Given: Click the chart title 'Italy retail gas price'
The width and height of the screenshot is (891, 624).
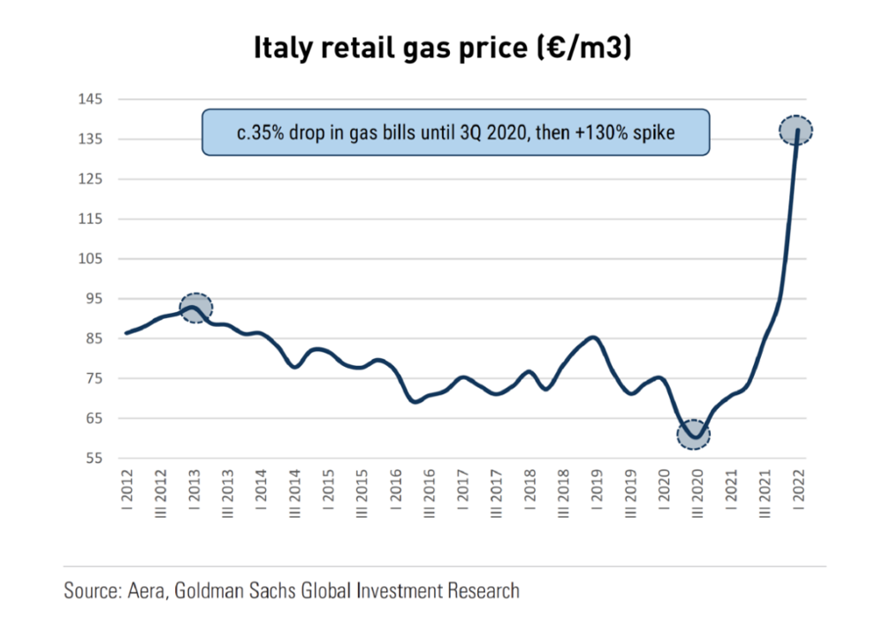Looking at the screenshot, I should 393,48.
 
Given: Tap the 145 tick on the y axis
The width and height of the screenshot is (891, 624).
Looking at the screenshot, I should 93,100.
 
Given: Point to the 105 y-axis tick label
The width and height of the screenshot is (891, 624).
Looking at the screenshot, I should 93,259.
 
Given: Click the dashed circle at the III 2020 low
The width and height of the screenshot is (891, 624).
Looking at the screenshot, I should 694,433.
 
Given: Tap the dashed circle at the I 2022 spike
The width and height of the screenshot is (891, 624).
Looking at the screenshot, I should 796,131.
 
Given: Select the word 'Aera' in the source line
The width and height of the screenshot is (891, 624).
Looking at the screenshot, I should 145,590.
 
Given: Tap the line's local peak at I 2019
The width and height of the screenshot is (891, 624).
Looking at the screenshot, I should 593,338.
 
